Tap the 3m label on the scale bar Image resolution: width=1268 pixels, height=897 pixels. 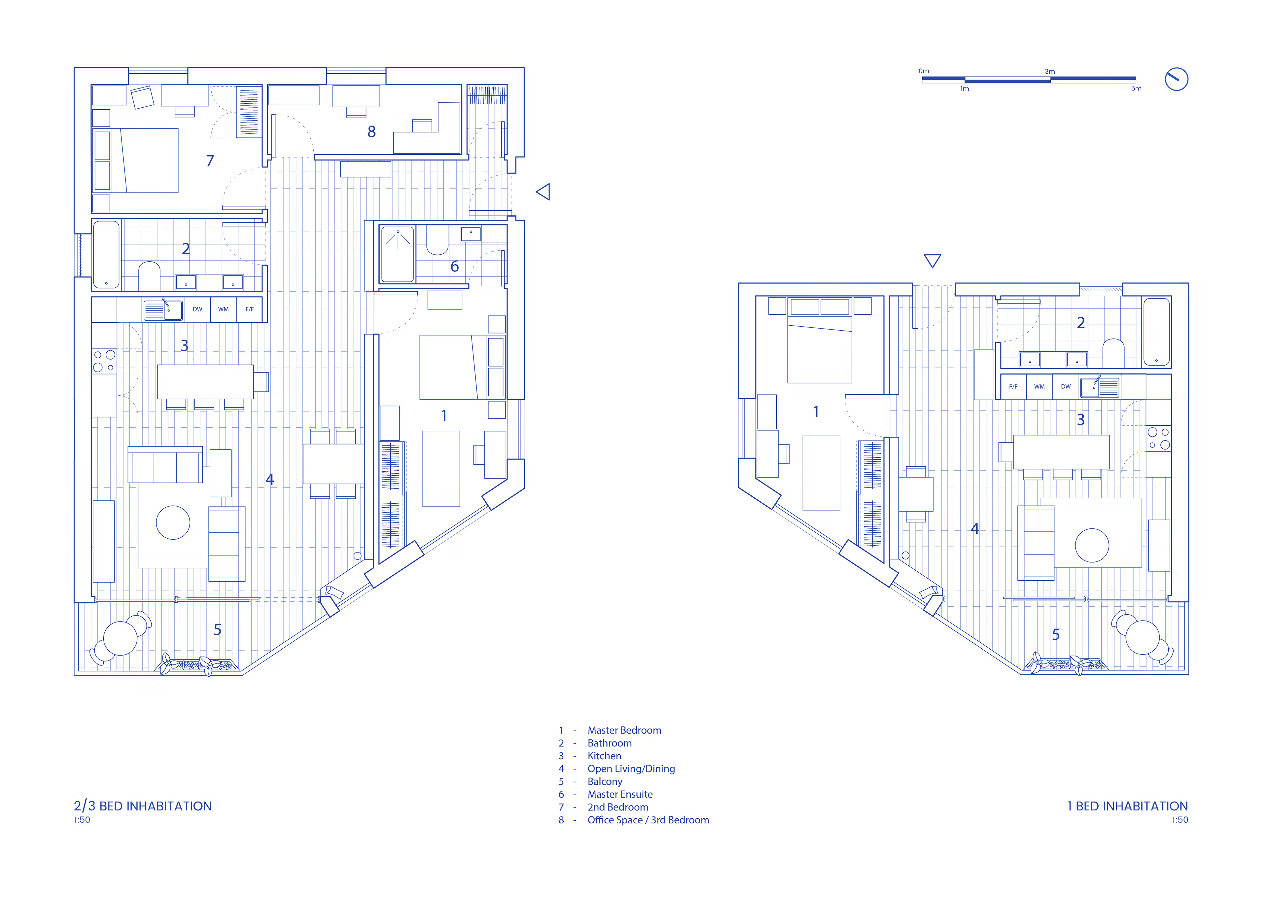(x=1050, y=71)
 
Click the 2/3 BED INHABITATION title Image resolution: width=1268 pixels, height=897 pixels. (x=142, y=806)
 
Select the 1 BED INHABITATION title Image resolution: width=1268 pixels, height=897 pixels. (x=1127, y=806)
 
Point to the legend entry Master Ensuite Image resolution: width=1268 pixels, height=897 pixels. (x=620, y=794)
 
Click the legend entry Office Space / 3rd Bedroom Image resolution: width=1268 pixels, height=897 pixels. (x=648, y=820)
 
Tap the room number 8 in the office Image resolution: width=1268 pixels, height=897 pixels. (x=372, y=131)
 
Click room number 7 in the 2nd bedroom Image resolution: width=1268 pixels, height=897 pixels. (x=210, y=161)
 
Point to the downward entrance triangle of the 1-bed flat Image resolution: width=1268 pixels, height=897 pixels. (x=932, y=261)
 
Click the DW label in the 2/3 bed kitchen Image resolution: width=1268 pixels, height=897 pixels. (x=197, y=309)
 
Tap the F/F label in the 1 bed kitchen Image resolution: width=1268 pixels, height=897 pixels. (x=1013, y=387)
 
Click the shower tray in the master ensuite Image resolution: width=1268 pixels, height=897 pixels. (x=398, y=254)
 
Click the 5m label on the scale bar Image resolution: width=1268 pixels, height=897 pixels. (x=1136, y=89)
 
